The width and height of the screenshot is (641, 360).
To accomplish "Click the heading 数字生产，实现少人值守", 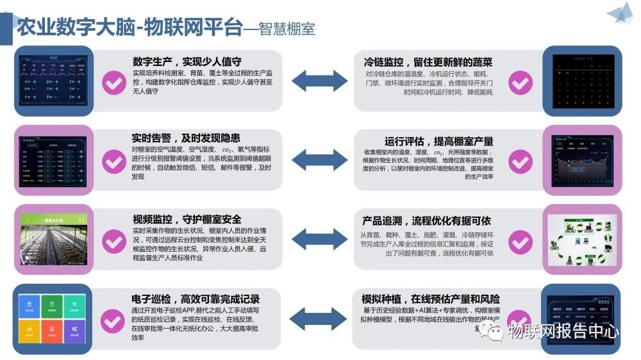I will pyautogui.click(x=187, y=61).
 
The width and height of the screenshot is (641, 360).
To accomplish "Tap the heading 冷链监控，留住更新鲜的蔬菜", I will pyautogui.click(x=428, y=61).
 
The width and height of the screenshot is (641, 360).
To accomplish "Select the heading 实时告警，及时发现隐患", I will pyautogui.click(x=186, y=138).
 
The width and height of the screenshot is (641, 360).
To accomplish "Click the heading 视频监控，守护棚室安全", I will pyautogui.click(x=187, y=218).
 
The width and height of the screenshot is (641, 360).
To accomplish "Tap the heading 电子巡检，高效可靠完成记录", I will pyautogui.click(x=196, y=299).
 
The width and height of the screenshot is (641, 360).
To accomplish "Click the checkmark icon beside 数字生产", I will pyautogui.click(x=114, y=83).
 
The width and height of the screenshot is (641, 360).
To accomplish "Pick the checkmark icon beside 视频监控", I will pyautogui.click(x=114, y=241).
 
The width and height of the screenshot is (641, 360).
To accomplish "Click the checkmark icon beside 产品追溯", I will pyautogui.click(x=520, y=241).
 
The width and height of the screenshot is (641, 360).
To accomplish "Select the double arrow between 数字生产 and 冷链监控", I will pyautogui.click(x=318, y=81).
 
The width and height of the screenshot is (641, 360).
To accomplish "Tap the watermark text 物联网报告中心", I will pyautogui.click(x=563, y=331).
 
